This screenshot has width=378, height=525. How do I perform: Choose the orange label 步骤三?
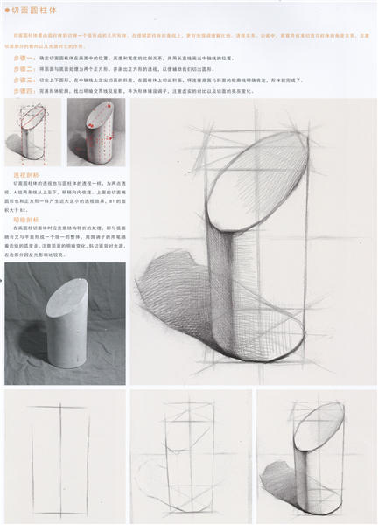[24, 79]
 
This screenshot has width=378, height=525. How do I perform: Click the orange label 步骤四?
[24, 90]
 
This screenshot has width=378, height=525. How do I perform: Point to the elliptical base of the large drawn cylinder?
[254, 350]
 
